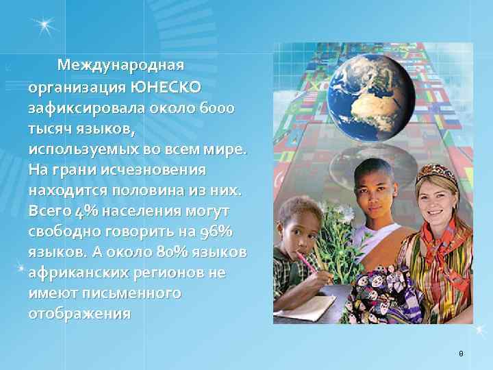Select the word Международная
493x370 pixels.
click(121, 66)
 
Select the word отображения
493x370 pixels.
click(79, 313)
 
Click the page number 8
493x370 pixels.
click(461, 354)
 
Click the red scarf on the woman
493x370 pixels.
click(445, 247)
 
